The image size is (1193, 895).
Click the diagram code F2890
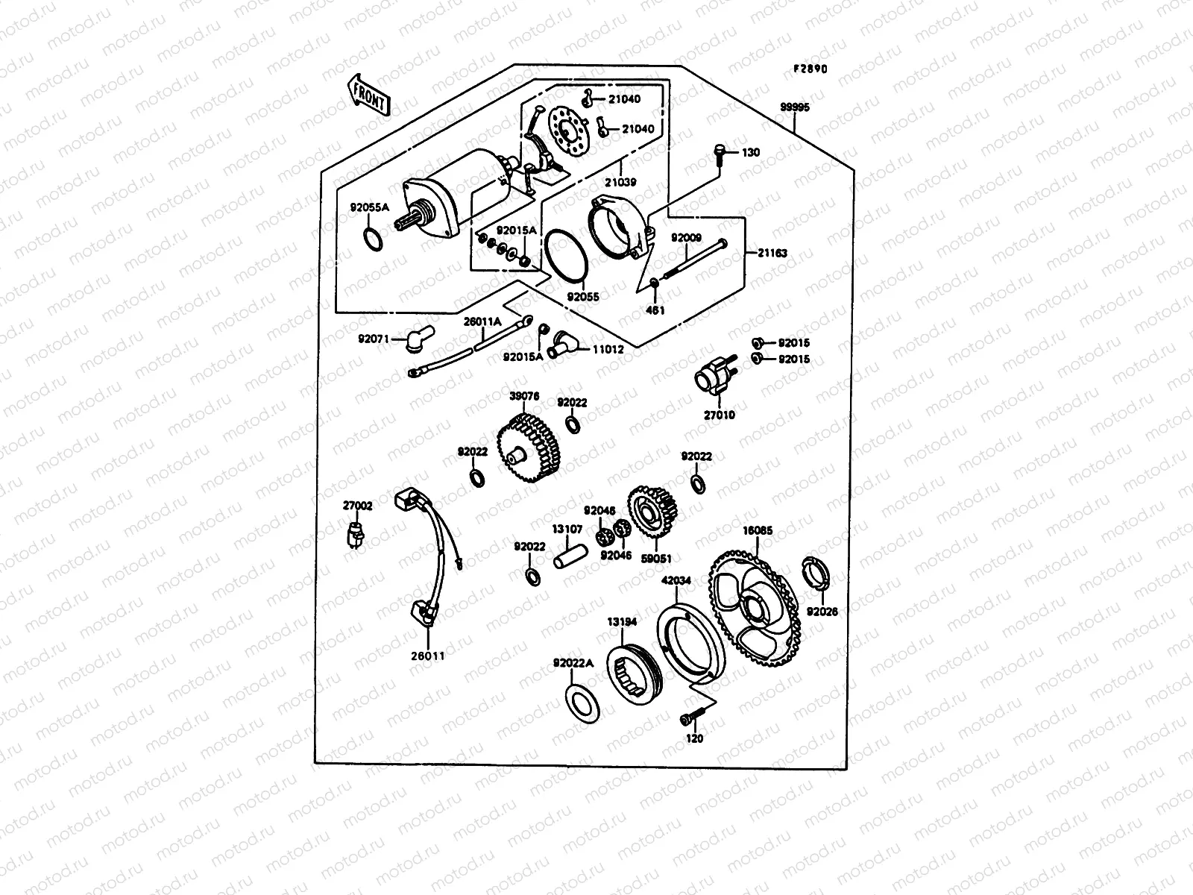point(810,69)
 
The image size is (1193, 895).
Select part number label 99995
point(795,107)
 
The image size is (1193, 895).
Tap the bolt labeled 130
point(720,152)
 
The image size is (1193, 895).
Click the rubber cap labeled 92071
point(412,341)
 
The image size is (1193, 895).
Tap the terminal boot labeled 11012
point(564,345)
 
